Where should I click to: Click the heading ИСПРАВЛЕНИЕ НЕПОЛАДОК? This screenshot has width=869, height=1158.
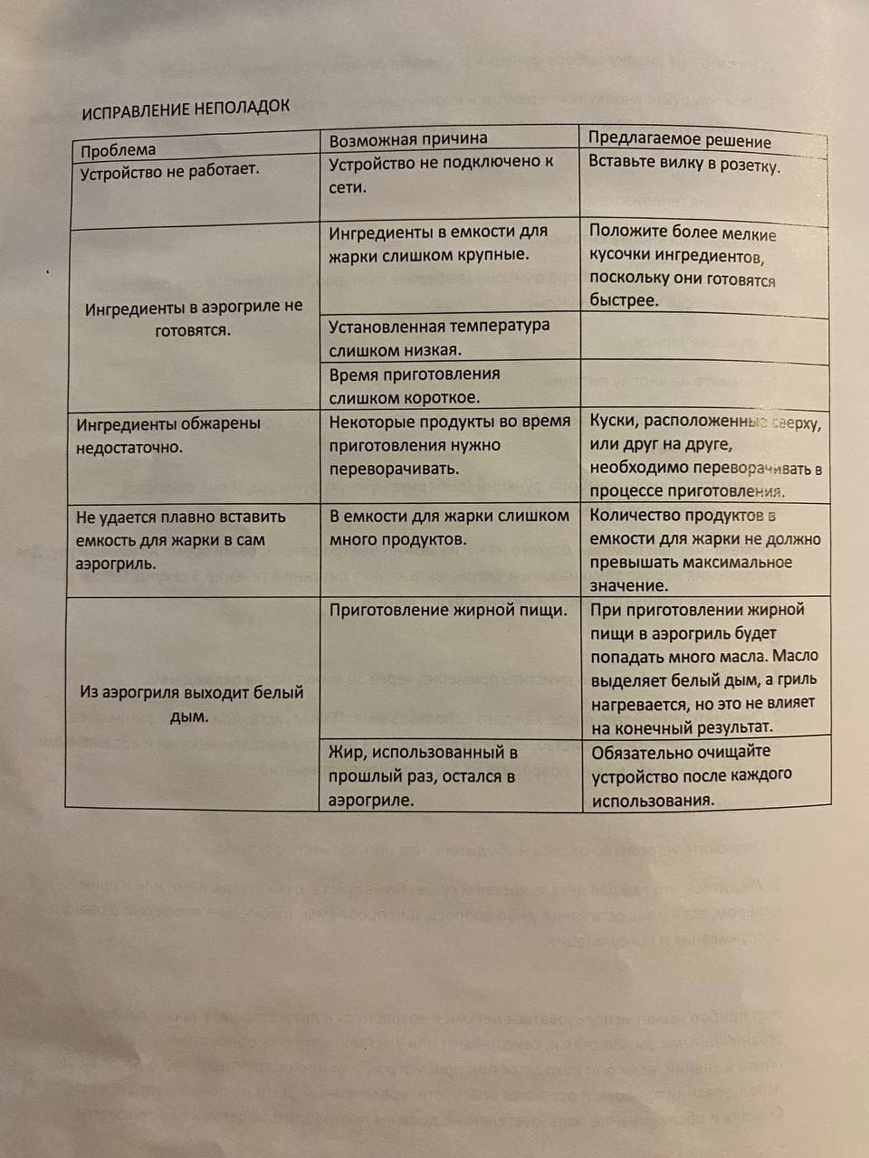[x=186, y=109]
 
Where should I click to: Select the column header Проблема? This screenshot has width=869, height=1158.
[x=118, y=150]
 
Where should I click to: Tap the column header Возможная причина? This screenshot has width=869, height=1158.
[x=407, y=139]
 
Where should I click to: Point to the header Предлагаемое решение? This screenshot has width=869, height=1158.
[x=679, y=140]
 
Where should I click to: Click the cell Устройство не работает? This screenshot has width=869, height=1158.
[x=169, y=171]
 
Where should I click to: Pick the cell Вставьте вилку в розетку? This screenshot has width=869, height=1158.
[x=683, y=164]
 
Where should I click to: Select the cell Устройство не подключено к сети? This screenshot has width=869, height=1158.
[x=440, y=175]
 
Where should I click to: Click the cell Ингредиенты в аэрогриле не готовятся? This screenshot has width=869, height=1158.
[x=194, y=318]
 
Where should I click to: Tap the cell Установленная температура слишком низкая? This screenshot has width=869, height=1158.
[x=438, y=337]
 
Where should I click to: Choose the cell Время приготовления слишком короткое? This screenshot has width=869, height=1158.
[x=414, y=385]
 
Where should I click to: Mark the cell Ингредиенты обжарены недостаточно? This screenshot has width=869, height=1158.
[x=168, y=435]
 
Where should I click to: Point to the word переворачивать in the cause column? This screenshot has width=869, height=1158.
[x=394, y=469]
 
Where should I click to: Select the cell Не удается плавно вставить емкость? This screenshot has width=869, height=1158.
[x=180, y=540]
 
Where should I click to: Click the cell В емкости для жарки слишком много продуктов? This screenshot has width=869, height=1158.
[x=449, y=527]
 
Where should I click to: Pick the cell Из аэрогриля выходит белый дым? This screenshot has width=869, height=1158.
[x=191, y=705]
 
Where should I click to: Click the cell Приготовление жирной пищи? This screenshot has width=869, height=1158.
[x=448, y=611]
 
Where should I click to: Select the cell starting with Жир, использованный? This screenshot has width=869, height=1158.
[x=423, y=776]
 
